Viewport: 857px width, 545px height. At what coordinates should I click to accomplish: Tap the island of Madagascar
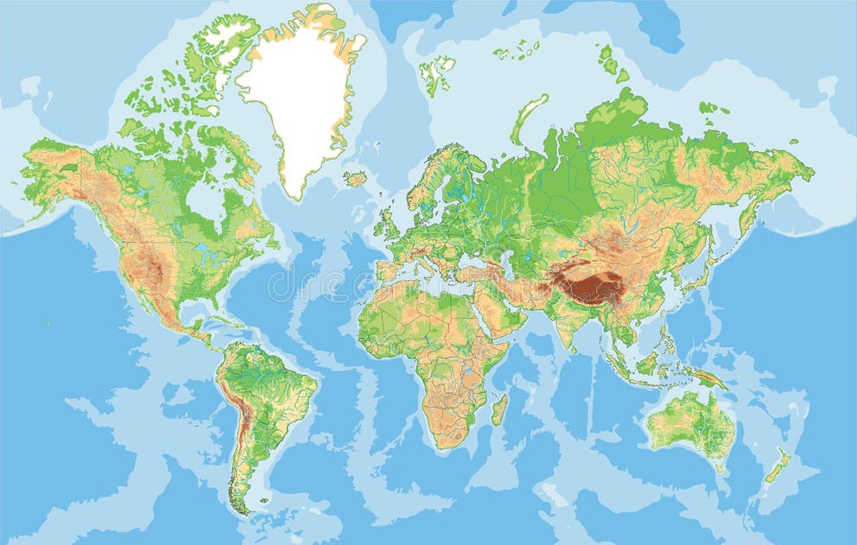click(x=498, y=409)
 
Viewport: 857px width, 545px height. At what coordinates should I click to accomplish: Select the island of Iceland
click(x=354, y=179)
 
